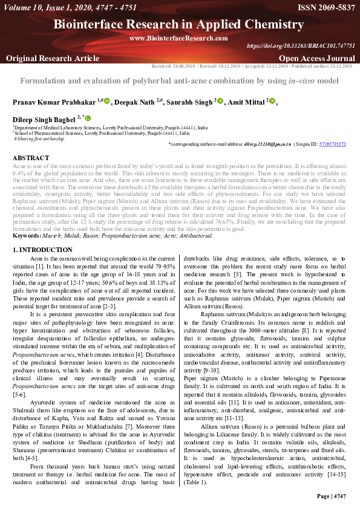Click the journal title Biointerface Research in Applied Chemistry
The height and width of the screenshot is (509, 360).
click(x=179, y=25)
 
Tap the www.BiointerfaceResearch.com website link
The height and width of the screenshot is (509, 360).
click(x=178, y=38)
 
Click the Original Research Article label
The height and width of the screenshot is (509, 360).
click(x=53, y=58)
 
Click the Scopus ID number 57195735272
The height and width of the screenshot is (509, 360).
click(x=333, y=144)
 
